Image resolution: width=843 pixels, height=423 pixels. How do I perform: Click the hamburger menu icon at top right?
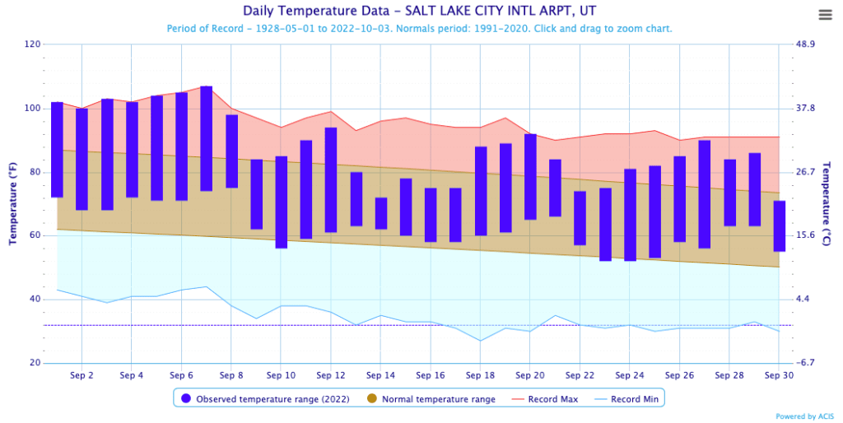point(825,15)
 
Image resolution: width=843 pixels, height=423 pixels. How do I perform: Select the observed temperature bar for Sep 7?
point(207,138)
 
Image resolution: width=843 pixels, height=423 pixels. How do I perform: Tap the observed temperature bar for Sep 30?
point(779,225)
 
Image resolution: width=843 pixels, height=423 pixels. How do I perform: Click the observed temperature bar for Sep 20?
point(530,177)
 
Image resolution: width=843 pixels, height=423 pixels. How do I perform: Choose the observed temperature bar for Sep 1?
point(57,150)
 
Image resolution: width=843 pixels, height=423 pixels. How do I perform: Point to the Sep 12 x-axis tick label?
point(331,375)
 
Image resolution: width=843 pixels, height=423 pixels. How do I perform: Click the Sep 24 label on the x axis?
point(630,375)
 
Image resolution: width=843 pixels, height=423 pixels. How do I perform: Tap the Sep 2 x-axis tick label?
point(82,375)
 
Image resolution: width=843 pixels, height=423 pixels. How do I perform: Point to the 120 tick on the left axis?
point(32,44)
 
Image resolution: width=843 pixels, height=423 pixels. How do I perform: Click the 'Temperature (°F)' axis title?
point(13,203)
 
